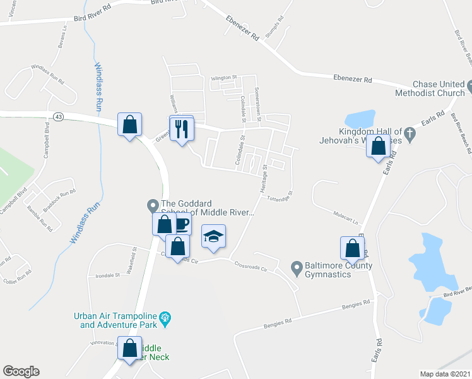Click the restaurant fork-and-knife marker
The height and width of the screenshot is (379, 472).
click(182, 129)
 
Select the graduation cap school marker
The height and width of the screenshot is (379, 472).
click(213, 237)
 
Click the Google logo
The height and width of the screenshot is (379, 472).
click(21, 371)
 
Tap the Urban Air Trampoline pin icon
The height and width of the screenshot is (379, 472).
click(166, 318)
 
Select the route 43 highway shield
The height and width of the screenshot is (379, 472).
click(59, 117)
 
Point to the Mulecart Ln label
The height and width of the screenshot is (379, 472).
click(346, 222)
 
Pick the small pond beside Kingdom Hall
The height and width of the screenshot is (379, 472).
click(358, 119)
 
